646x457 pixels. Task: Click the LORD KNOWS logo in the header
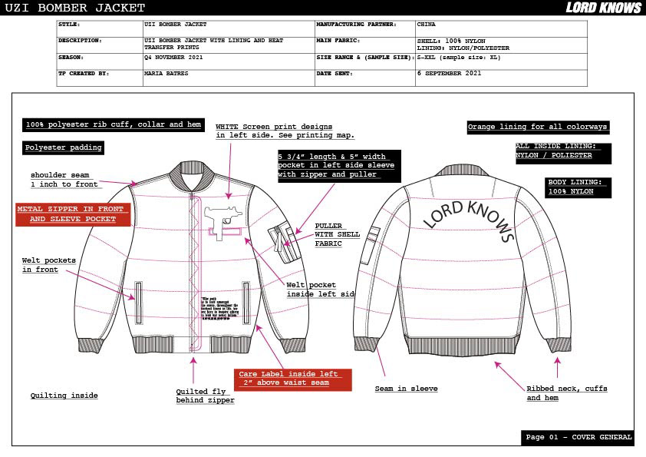603,8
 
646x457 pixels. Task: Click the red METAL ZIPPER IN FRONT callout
73,214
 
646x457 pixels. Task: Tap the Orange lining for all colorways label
538,127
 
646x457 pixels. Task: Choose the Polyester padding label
63,147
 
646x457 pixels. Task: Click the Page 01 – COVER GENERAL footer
578,437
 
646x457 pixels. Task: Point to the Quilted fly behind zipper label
205,396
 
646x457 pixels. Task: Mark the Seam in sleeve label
406,389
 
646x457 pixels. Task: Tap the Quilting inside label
64,396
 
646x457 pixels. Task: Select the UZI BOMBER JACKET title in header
73,8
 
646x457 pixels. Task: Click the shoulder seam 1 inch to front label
64,180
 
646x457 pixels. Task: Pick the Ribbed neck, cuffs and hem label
566,393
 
